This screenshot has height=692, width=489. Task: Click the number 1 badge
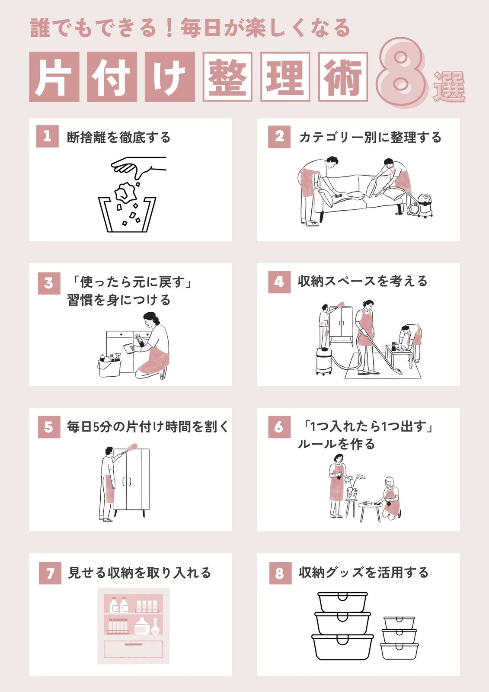coord(48,136)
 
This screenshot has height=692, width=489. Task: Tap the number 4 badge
coord(279,282)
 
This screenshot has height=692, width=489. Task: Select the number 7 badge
coord(50,573)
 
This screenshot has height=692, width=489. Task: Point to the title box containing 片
coord(54,77)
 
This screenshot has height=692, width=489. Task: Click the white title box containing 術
coord(343,77)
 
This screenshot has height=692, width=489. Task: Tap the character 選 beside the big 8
coord(450,87)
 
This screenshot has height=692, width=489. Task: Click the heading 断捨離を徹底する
coord(118,137)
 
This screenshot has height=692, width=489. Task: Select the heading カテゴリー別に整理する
coord(370,137)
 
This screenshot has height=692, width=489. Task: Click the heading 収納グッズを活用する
coord(364,573)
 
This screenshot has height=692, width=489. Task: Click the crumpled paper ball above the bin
coord(125,192)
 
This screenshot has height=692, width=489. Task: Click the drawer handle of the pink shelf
coord(134,644)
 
